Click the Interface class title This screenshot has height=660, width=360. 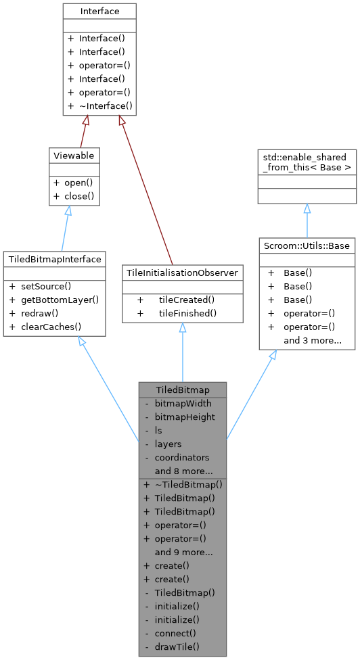click(x=99, y=11)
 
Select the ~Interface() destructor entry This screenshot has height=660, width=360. click(x=105, y=106)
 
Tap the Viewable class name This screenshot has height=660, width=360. click(x=73, y=156)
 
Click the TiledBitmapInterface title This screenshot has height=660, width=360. click(x=54, y=259)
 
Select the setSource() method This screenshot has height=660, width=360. click(x=48, y=287)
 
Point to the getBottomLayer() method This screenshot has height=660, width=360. click(x=59, y=300)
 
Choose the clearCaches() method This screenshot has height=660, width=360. click(x=50, y=327)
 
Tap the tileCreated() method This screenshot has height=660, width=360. click(x=186, y=299)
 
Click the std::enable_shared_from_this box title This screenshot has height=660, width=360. click(x=307, y=162)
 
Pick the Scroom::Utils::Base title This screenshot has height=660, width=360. click(x=307, y=245)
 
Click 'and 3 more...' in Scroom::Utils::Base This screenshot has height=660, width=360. click(x=312, y=340)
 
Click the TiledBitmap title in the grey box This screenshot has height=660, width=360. click(x=182, y=390)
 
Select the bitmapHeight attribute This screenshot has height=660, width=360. click(x=185, y=417)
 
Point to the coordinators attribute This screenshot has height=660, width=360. click(x=182, y=457)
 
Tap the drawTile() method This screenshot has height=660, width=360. click(x=177, y=646)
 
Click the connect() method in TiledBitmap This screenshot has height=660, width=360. click(x=175, y=633)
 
